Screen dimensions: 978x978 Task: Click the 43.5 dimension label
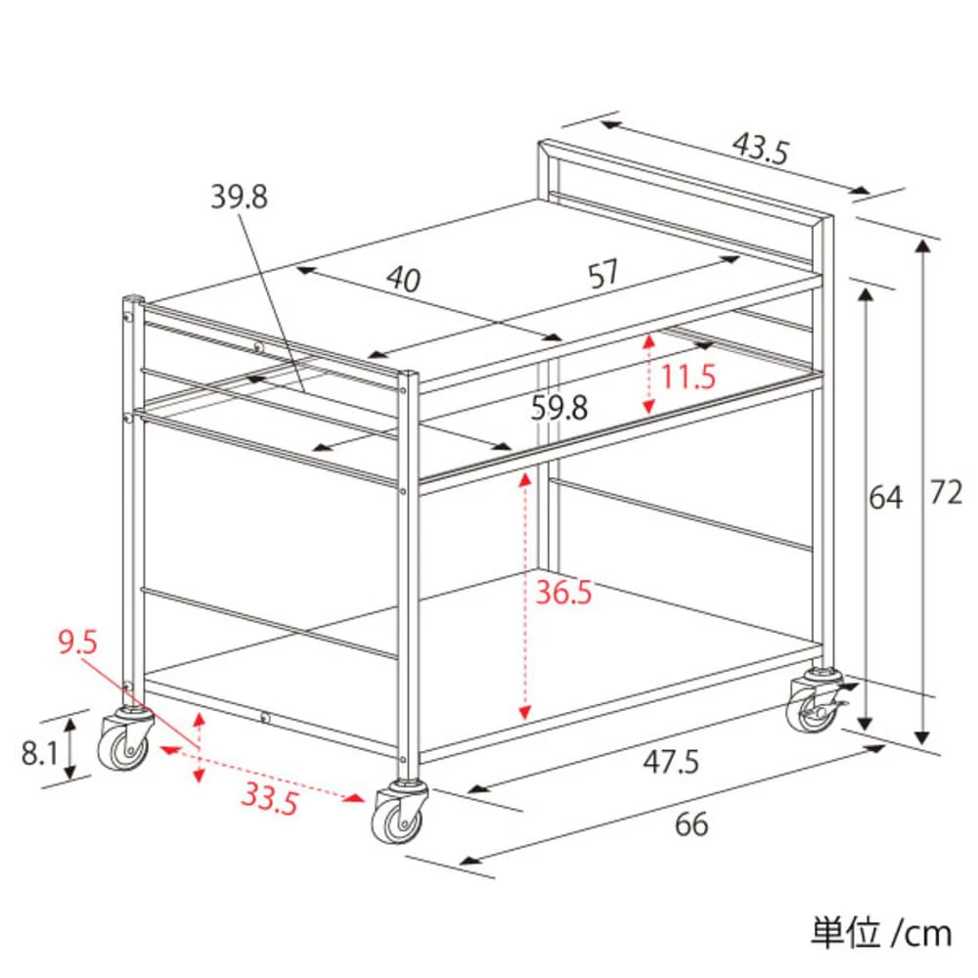pos(760,149)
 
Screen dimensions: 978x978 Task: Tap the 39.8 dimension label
pos(239,198)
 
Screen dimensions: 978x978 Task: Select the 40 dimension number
pos(404,279)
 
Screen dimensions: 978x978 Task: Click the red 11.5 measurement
pos(688,377)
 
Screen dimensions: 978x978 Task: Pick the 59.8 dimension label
pos(558,408)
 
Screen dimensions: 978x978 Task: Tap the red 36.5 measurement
pos(564,592)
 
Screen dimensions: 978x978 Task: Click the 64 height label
pos(886,498)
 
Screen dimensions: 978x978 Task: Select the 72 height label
pos(946,493)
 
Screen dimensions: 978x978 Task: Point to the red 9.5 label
pos(78,642)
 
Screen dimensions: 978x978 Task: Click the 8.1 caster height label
pos(39,753)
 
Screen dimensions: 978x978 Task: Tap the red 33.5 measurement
pos(270,798)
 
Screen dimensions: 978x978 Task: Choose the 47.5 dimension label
pos(671,762)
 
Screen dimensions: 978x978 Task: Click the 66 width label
pos(691,824)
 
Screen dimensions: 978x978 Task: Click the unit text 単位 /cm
pos(881,933)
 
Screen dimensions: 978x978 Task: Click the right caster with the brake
pos(817,701)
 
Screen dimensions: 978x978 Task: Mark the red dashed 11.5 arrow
pos(649,375)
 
